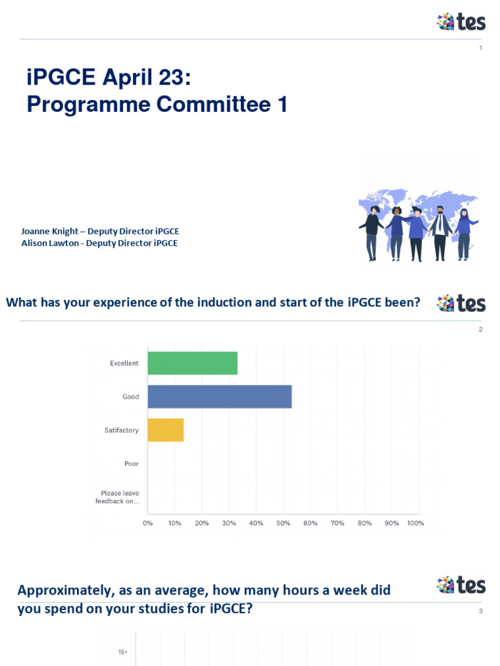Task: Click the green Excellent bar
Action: coord(193,363)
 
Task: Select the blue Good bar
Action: coord(220,397)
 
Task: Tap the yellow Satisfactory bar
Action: coord(166,431)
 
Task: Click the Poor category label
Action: coord(132,463)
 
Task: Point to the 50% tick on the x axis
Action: coord(283,523)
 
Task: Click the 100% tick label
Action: coord(415,523)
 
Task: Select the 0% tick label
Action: coord(148,523)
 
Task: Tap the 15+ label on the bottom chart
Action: coord(123,652)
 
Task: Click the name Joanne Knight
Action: coord(49,231)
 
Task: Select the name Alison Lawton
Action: coord(50,243)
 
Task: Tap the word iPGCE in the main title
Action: coord(61,77)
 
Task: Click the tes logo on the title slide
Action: coord(462,21)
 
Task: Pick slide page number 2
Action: coord(481,329)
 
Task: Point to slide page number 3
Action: coord(481,611)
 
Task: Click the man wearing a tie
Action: coord(440,233)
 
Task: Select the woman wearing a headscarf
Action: coord(464,233)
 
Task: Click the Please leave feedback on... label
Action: coord(117,497)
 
